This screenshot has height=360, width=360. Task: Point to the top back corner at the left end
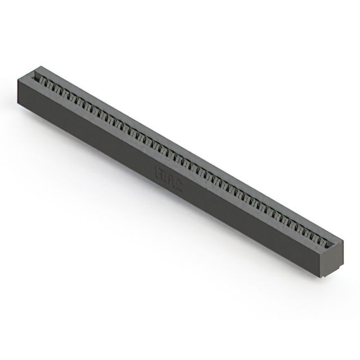(x=32, y=67)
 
